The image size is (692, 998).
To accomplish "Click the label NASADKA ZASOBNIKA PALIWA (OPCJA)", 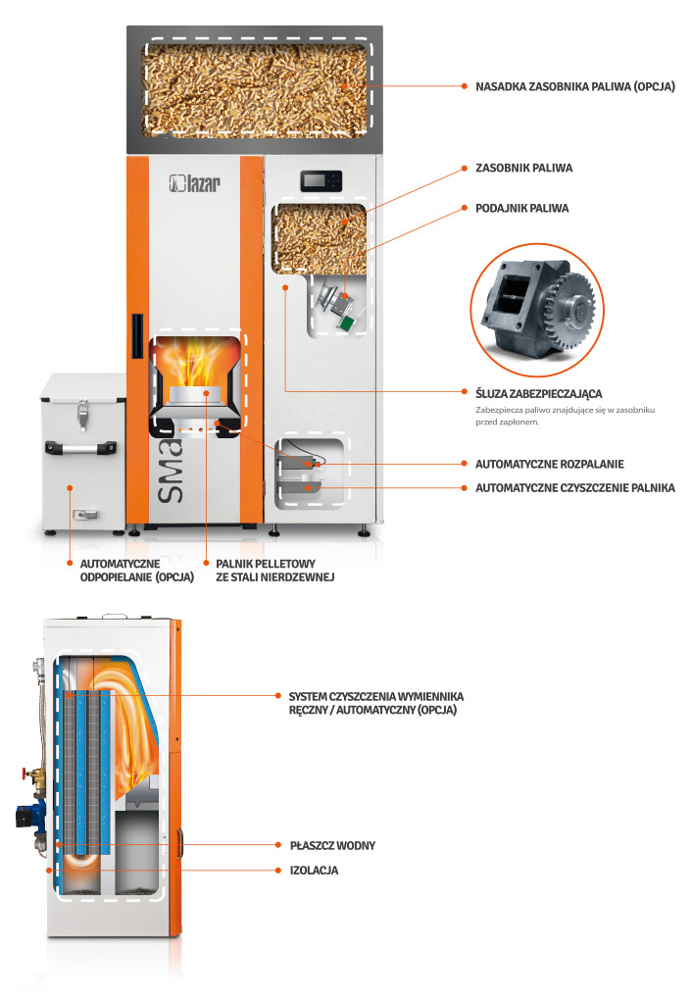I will click(x=574, y=86).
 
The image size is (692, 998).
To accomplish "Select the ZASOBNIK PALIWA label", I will click(x=523, y=168).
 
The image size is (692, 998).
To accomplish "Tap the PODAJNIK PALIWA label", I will click(x=521, y=208).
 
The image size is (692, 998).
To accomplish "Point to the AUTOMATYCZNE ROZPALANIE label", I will click(x=549, y=464).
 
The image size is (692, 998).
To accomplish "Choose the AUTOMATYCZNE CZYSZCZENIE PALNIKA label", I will click(x=574, y=487).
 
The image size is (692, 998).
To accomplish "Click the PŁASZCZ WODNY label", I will click(x=332, y=845).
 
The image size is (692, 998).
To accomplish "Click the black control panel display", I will click(x=321, y=180).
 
